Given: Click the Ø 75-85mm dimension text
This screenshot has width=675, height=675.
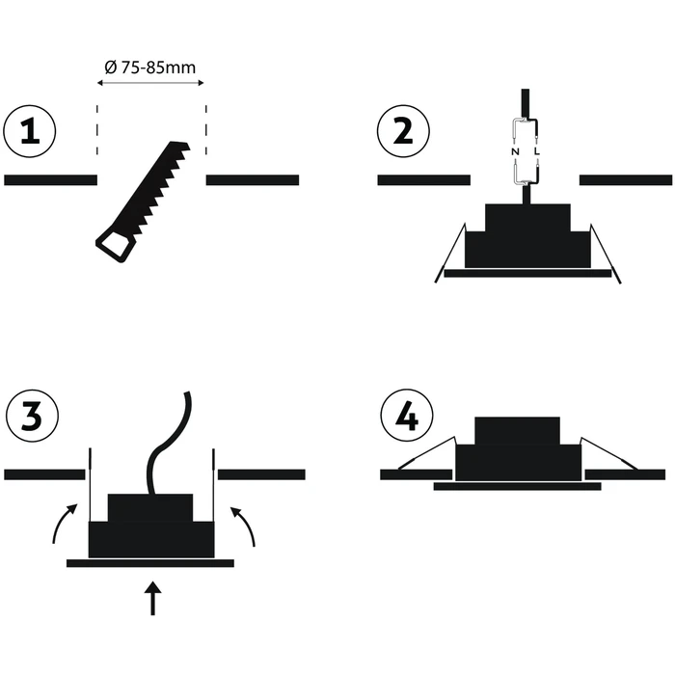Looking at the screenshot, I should pyautogui.click(x=151, y=67).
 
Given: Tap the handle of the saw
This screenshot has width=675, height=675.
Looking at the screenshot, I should pyautogui.click(x=113, y=243).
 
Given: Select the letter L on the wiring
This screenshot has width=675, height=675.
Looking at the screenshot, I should pyautogui.click(x=536, y=152).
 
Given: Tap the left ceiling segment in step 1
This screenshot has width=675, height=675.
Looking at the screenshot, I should pyautogui.click(x=50, y=179).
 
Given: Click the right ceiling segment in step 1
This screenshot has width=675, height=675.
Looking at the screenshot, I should pyautogui.click(x=253, y=179).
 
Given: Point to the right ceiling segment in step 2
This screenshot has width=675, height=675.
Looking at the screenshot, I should pyautogui.click(x=625, y=179).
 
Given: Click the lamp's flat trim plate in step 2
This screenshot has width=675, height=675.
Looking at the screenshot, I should pyautogui.click(x=526, y=274).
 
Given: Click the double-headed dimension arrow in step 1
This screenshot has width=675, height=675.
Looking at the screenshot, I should pyautogui.click(x=151, y=84).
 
